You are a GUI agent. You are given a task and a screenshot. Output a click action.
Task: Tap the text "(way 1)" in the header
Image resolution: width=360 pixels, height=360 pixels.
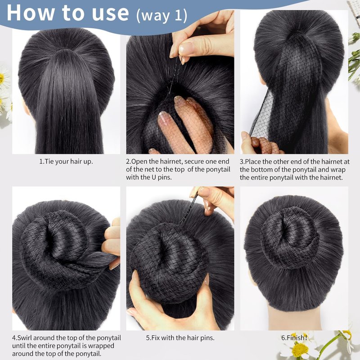(162, 16)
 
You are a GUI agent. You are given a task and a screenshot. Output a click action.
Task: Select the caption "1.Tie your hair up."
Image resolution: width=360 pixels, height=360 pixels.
(66, 162)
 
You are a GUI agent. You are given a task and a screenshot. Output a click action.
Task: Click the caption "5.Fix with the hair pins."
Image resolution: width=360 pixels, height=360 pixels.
(180, 338)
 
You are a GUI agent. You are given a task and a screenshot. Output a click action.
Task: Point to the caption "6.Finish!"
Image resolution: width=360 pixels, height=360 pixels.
(294, 338)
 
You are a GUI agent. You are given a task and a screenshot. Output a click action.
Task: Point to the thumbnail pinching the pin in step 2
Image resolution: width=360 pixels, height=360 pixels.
(184, 49)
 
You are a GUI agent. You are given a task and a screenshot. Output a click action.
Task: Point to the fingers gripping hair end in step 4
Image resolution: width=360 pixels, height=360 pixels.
(112, 243)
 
